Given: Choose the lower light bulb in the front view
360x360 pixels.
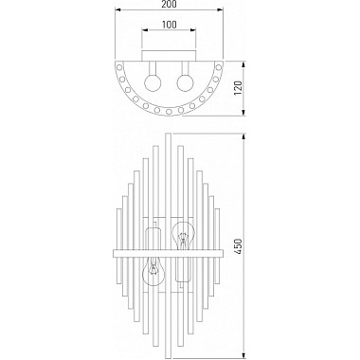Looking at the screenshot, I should [152, 275].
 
